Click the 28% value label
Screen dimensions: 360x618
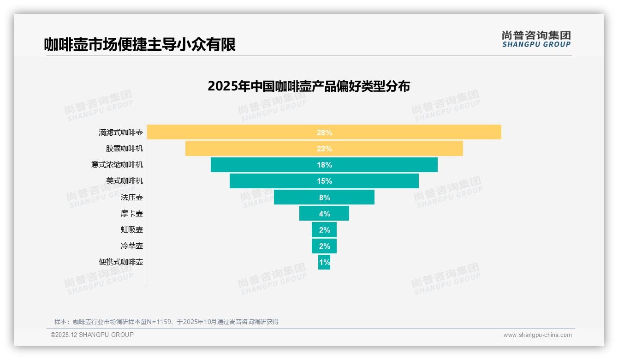pos(324,132)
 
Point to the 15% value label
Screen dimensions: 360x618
pos(324,181)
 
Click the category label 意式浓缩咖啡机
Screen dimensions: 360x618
pos(117,165)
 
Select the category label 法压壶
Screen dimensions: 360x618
pos(132,197)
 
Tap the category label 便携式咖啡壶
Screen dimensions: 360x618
pos(121,262)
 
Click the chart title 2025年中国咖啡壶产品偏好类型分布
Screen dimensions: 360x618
pos(309,86)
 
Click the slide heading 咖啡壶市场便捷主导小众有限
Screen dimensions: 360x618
pos(140,44)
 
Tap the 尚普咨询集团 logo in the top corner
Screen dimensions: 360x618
pos(536,39)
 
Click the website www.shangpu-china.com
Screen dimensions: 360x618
pos(537,335)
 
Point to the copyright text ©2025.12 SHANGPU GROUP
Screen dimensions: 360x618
pos(92,335)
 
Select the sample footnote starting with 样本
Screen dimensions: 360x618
pos(166,322)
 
